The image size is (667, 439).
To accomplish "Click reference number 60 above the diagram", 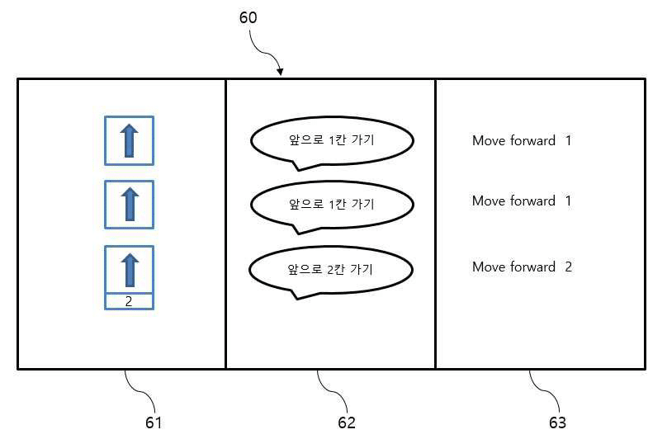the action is (x=248, y=17).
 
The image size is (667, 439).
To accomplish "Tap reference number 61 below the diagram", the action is (x=154, y=422).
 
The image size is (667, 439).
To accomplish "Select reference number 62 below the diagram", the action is (x=346, y=422).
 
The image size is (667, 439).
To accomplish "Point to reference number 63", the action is (x=557, y=422).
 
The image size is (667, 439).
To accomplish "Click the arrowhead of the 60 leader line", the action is (x=280, y=72).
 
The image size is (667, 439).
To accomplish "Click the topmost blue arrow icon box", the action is (x=130, y=140).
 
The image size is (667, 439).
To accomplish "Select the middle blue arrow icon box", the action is (x=130, y=205).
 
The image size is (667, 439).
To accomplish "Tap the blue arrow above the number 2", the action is (x=130, y=270).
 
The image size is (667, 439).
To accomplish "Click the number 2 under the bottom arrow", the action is (x=129, y=301).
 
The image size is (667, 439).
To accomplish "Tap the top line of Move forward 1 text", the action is (x=522, y=140).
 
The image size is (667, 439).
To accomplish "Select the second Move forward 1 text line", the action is (x=522, y=201).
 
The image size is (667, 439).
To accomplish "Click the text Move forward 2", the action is (x=522, y=267).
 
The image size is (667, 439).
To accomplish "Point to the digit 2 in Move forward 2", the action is (x=568, y=267).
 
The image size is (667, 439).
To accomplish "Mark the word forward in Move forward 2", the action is (x=532, y=267).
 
